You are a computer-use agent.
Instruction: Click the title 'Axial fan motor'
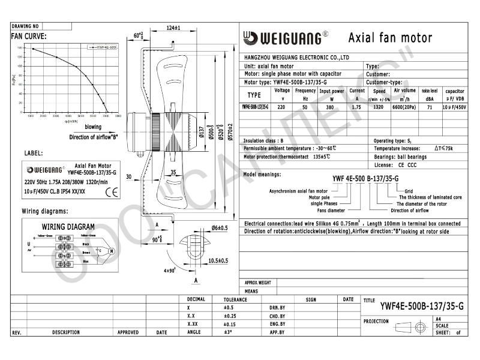390,38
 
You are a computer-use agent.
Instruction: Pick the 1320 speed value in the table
379,107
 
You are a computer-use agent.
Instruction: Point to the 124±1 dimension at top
173,28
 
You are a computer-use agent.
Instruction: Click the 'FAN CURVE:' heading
29,36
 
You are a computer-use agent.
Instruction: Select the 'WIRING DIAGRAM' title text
68,227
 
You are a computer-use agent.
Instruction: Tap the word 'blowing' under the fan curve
92,127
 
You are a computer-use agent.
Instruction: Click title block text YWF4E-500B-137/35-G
422,306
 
